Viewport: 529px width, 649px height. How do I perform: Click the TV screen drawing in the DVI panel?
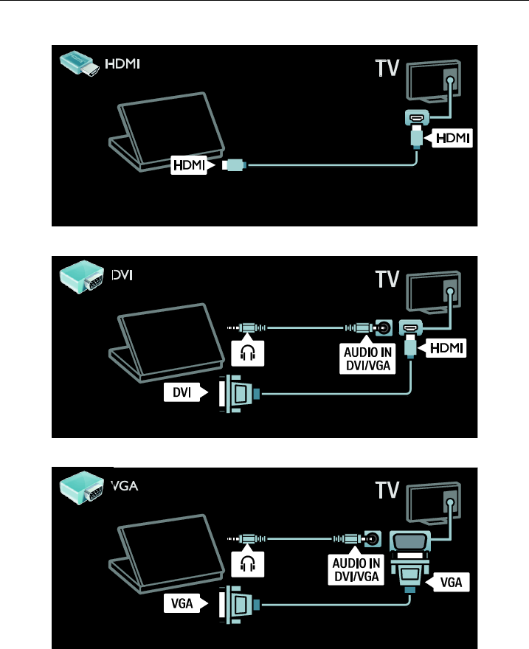tap(435, 290)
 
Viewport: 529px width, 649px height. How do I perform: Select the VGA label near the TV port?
tap(452, 582)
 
